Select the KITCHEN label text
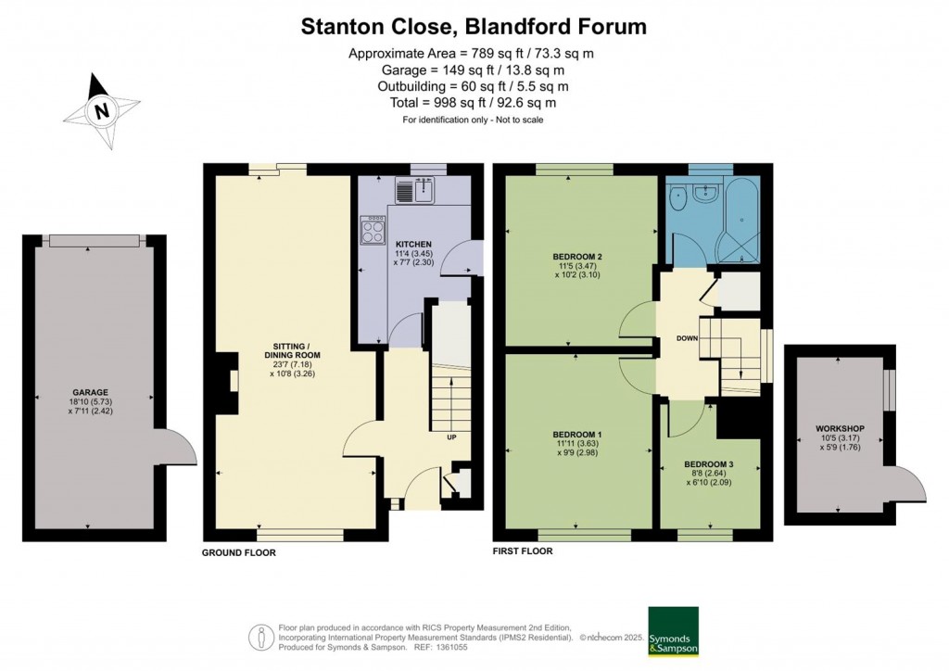point(414,244)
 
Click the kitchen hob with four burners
point(373,230)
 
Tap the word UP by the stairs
point(451,437)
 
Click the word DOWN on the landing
point(687,338)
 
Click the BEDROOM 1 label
point(576,435)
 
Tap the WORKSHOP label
point(840,428)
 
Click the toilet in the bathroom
point(677,197)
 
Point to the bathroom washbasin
point(705,193)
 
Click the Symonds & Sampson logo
point(673,631)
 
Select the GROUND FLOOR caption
point(238,552)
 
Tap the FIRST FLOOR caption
point(523,551)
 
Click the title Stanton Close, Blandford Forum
point(474,27)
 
